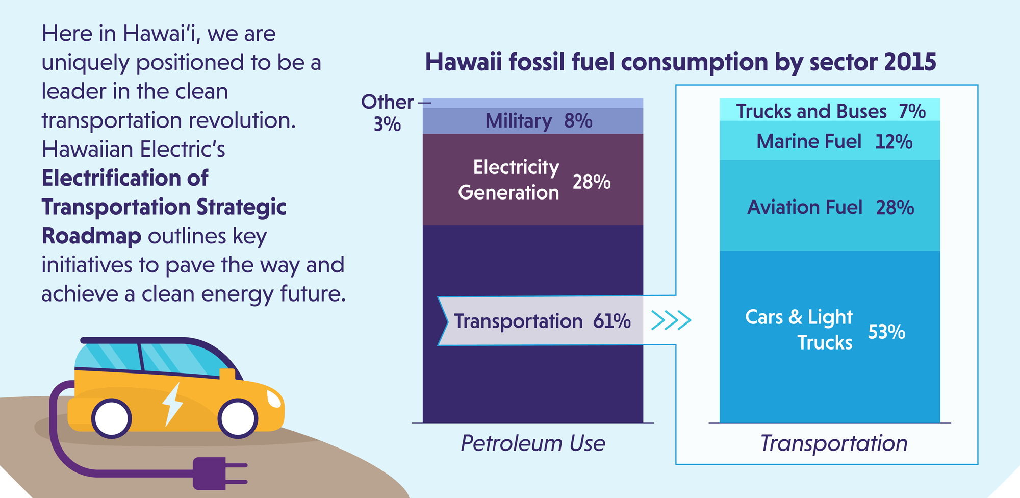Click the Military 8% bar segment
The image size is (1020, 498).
[533, 121]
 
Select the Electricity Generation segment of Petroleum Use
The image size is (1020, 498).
[533, 180]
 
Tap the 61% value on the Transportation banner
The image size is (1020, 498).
[611, 321]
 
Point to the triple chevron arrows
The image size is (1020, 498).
[671, 320]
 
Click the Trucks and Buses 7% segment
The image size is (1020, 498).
[830, 111]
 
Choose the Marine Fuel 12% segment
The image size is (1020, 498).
[830, 141]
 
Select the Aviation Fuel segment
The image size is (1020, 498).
[830, 207]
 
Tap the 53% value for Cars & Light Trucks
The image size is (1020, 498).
[886, 332]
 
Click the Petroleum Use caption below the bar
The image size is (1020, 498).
[533, 443]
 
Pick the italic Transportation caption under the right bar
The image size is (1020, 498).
[834, 443]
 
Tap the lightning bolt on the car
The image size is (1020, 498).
[172, 403]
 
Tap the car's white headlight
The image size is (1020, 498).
[274, 399]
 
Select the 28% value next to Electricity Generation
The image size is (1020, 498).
[592, 182]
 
